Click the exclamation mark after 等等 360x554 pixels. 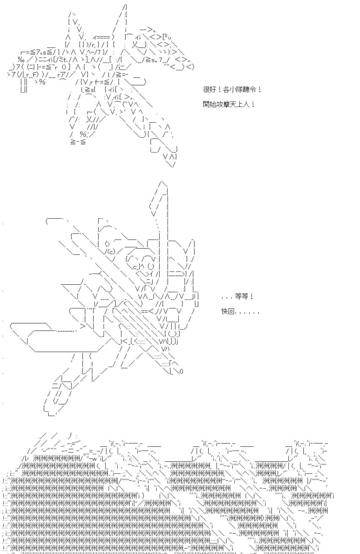251,297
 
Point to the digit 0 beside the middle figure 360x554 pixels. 181,371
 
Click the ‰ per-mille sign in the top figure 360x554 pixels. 21,59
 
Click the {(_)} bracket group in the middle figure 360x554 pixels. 172,334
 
